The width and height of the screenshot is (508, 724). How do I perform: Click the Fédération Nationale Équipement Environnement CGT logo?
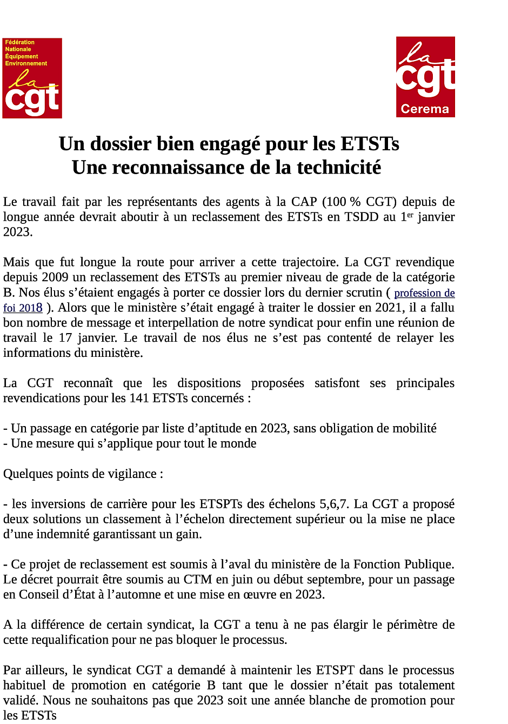click(x=32, y=78)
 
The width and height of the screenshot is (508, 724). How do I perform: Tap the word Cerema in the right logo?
click(x=425, y=109)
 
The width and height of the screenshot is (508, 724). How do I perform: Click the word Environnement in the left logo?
click(x=26, y=63)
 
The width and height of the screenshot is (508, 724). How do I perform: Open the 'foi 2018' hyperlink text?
click(x=23, y=308)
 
